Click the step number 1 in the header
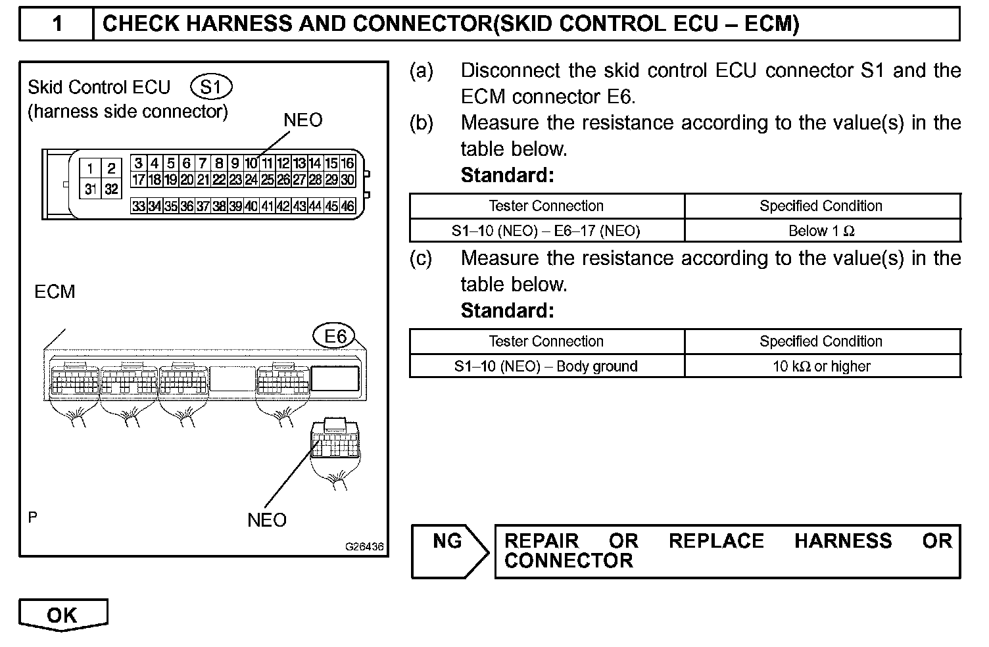tap(57, 24)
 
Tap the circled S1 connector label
tap(210, 87)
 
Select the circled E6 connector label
tap(335, 337)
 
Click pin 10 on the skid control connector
tap(251, 164)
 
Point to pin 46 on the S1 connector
tap(348, 206)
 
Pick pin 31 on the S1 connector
tap(91, 189)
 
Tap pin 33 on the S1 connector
tap(138, 206)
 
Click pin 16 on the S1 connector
tap(348, 164)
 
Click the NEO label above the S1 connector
tap(302, 120)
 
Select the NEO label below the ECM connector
tap(267, 520)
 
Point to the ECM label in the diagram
tap(55, 291)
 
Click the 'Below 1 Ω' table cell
tap(821, 231)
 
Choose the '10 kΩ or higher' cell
tap(821, 366)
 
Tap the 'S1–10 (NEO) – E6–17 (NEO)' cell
tap(546, 231)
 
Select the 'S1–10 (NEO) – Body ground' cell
tap(546, 366)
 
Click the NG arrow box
tap(449, 550)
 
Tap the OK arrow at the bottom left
tap(63, 615)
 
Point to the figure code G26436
tap(364, 547)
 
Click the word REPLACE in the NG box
tap(716, 541)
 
